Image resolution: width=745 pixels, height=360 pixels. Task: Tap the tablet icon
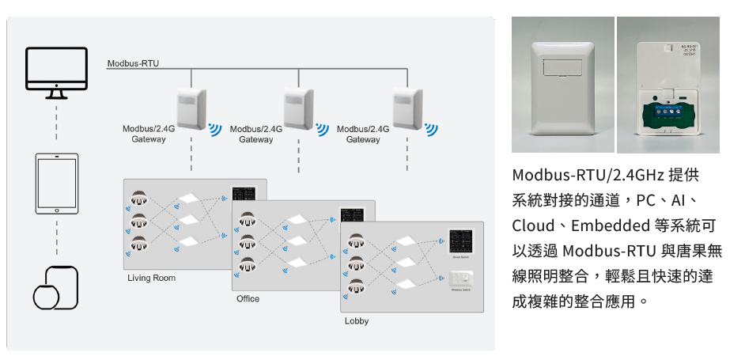coord(56,184)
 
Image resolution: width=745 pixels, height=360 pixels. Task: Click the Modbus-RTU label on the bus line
coord(133,63)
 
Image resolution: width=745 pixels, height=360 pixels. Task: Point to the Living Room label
coord(151,279)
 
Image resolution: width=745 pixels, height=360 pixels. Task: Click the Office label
coord(248,299)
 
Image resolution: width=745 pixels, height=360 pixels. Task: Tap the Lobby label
coord(356,321)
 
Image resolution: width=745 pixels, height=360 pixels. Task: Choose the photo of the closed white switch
coord(562,85)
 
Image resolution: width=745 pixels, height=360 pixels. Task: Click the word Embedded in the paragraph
coord(611,225)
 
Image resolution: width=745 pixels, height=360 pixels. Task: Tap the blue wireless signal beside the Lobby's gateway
coord(430,129)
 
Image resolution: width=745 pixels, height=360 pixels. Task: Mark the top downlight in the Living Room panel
coord(140,196)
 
